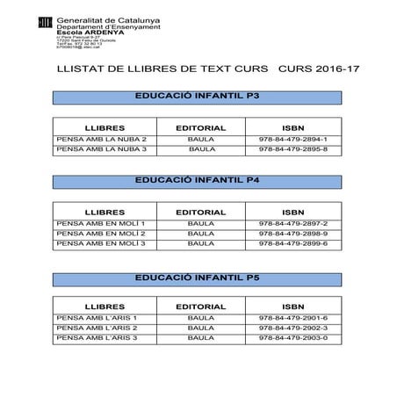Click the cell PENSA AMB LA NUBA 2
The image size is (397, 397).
coord(101,139)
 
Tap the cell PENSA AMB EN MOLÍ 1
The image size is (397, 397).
coord(99,224)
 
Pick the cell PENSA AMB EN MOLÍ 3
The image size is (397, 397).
coord(99,244)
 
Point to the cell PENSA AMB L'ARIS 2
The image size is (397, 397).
coord(97,328)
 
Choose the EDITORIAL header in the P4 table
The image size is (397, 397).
coord(201,212)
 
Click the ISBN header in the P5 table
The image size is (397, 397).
coord(294,306)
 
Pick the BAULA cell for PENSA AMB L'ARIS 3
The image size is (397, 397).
coord(201,337)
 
